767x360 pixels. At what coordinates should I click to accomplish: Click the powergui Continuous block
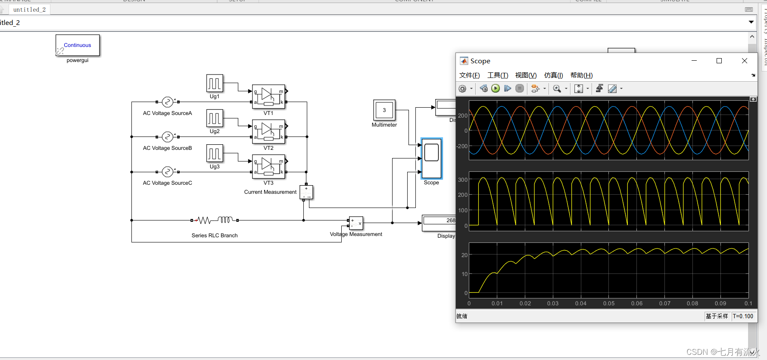coord(78,45)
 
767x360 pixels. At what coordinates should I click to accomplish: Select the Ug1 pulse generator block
coord(215,83)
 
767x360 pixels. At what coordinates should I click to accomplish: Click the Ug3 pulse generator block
coord(215,153)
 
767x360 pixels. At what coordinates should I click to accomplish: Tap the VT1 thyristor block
coord(268,96)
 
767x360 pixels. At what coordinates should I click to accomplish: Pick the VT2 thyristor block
coord(268,131)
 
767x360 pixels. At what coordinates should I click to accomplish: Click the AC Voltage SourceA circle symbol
coord(167,102)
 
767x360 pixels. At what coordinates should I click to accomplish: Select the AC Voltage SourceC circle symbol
coord(167,172)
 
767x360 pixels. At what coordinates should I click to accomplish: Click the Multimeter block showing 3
coord(384,110)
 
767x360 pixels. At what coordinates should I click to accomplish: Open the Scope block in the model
coord(431,158)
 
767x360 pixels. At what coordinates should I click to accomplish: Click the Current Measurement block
coord(306,192)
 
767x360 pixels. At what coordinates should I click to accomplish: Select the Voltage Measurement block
coord(356,223)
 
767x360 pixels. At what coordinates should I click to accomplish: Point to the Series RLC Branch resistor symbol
coord(203,220)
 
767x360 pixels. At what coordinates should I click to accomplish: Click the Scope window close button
coord(745,61)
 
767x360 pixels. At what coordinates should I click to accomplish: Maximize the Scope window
coord(719,61)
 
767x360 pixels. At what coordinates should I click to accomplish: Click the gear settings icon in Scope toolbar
coord(462,89)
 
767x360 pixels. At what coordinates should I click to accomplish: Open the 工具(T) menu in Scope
coord(498,75)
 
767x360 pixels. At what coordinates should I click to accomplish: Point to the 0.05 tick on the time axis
coord(609,304)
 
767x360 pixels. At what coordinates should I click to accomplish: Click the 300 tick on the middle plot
coord(462,180)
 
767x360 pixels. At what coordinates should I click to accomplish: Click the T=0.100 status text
coord(743,317)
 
